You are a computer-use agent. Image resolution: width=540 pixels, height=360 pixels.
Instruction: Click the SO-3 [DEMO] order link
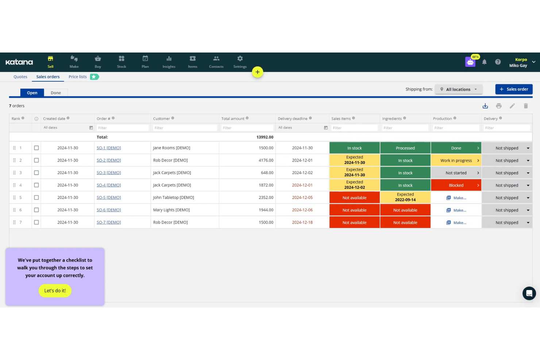109,173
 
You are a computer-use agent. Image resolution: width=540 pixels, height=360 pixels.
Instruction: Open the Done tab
56,93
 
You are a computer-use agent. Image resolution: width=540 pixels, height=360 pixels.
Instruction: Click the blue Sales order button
513,89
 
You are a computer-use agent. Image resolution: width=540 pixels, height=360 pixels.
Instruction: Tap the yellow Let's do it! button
55,291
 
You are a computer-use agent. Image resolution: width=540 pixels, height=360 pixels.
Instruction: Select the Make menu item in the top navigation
74,62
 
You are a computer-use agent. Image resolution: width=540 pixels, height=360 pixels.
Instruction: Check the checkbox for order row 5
36,198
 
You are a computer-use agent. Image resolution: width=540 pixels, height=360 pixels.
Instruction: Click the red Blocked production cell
456,185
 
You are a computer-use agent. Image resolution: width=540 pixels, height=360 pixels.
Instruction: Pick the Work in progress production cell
456,160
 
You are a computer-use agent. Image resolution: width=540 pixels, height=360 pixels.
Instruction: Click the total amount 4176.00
266,160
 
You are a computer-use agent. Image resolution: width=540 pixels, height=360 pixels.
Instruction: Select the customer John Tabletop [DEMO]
174,198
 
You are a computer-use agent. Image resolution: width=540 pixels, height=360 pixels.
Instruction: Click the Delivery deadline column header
293,119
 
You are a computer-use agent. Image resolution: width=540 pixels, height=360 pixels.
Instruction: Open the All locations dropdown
459,89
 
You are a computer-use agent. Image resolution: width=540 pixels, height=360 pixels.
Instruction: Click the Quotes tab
20,77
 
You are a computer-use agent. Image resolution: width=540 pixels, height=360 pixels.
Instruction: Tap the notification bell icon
484,62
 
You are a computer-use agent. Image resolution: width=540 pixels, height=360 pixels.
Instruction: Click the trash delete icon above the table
526,106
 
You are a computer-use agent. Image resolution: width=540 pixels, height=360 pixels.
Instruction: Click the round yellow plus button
258,72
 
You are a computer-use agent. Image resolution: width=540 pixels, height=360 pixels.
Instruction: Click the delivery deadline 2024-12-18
302,222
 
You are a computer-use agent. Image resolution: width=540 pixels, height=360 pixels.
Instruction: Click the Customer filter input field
185,128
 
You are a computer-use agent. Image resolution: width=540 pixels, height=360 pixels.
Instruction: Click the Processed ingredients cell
405,148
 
